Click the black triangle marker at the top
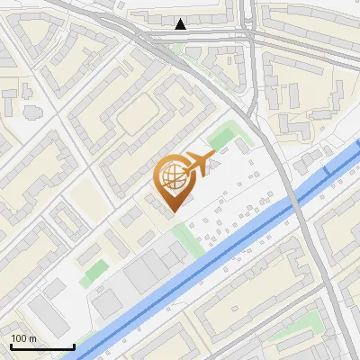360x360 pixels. [182, 24]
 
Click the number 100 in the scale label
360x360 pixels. [20, 338]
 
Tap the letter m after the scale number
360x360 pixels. [32, 338]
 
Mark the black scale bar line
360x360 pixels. [41, 346]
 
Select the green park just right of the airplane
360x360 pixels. [220, 138]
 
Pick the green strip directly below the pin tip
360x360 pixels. [187, 238]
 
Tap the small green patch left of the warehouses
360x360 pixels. [92, 273]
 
